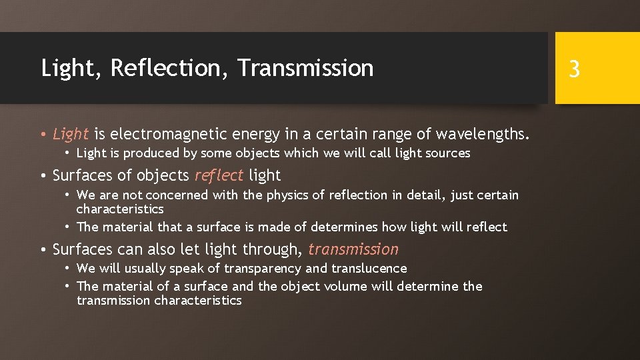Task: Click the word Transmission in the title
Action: tap(305, 68)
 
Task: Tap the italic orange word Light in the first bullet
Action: tap(71, 135)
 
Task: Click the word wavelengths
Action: tap(483, 135)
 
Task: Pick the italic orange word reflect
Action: tap(219, 176)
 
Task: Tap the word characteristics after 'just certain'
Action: tap(120, 209)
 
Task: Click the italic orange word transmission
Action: tap(353, 250)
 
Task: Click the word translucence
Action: tap(367, 269)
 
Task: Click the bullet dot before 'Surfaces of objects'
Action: tap(43, 176)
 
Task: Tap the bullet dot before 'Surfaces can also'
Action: tap(43, 250)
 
